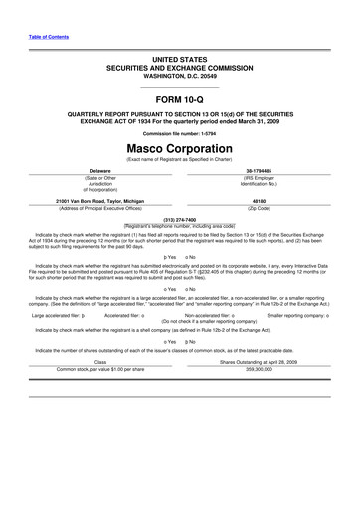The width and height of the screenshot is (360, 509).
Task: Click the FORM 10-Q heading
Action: (179, 102)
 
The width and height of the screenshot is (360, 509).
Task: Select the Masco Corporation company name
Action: (179, 147)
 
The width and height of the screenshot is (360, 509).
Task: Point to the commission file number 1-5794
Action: (179, 132)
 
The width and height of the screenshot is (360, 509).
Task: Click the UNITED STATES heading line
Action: (179, 61)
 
